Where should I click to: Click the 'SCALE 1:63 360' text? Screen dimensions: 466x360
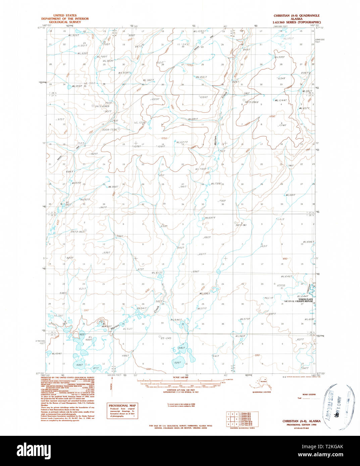[181, 377]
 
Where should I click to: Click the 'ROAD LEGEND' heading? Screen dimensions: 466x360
[309, 395]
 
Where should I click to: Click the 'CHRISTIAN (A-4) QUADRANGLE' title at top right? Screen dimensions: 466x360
[296, 15]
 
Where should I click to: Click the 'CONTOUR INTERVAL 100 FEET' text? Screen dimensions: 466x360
[181, 390]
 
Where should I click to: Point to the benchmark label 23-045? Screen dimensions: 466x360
[166, 338]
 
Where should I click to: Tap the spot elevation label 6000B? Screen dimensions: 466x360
[280, 285]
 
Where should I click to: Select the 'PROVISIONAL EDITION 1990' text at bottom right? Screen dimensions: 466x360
[301, 424]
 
